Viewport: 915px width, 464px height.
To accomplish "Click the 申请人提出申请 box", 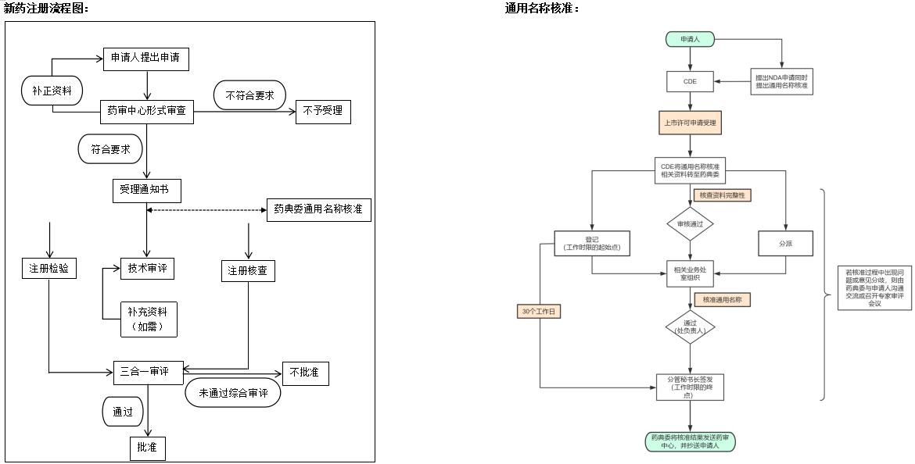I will point(146,59).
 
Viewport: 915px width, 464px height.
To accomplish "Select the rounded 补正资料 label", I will point(52,91).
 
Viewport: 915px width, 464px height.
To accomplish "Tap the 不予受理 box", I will point(322,111).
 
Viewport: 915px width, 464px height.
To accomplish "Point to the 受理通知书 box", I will point(146,190).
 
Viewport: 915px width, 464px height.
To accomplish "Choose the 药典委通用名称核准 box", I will point(318,209).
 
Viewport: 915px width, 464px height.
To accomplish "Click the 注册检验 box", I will point(49,268).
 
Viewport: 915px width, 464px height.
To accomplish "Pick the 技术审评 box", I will point(147,268).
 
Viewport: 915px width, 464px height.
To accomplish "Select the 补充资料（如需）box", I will point(148,319).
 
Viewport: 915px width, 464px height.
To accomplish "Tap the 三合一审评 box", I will point(147,372).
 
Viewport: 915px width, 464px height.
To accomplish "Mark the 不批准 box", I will point(304,373).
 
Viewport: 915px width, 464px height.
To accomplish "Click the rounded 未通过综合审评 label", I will point(233,393).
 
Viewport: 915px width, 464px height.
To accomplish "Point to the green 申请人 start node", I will point(689,39).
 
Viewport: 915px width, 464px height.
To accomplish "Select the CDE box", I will point(689,81).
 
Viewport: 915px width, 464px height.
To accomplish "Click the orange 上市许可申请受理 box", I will point(690,123).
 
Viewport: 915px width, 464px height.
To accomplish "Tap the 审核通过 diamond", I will point(690,223).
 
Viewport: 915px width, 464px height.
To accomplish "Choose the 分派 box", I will point(785,243).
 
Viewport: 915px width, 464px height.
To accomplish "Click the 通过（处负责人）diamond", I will point(690,327).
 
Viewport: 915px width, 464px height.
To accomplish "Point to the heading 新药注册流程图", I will point(46,8).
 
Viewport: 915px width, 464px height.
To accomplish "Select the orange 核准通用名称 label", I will point(722,299).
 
